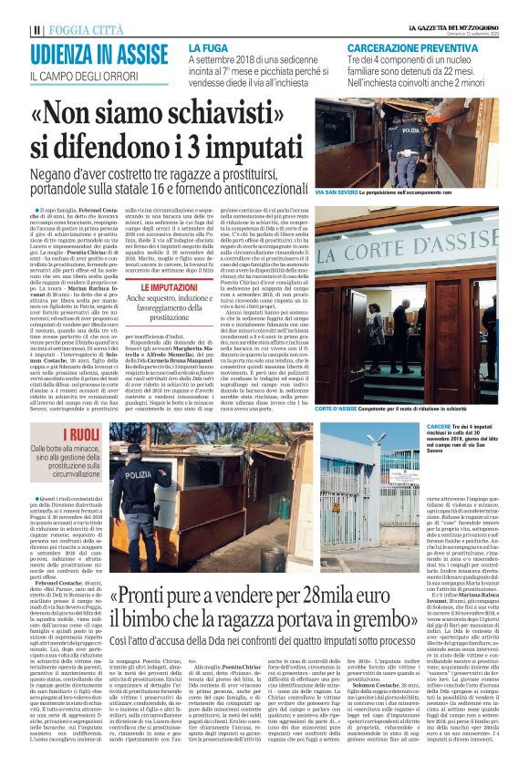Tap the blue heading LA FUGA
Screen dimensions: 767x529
[209, 47]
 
